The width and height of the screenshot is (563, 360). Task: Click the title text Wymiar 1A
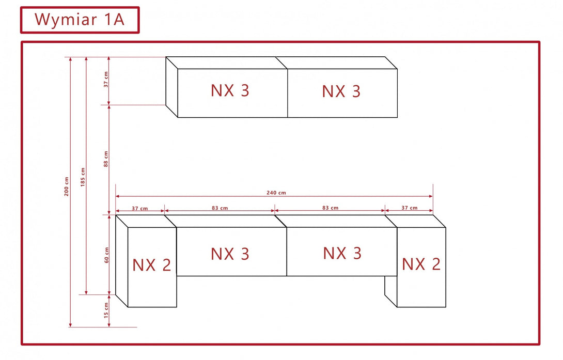point(79,20)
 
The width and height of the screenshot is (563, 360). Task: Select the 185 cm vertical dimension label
point(83,177)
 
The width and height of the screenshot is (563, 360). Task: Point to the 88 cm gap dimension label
point(106,159)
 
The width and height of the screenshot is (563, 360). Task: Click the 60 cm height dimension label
point(106,255)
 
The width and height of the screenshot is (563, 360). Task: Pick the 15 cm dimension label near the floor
point(106,311)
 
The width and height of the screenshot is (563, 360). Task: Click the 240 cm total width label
point(276,193)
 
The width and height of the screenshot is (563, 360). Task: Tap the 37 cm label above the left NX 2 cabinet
point(139,208)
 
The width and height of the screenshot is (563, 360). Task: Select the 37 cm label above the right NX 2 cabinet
point(409,208)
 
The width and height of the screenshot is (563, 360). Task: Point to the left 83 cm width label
point(220,208)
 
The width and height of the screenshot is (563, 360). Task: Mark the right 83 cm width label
point(330,208)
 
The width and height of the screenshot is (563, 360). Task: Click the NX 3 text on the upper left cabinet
point(230,90)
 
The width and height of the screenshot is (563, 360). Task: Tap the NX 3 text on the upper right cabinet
point(341,91)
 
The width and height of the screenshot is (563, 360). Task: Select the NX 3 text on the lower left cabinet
point(230,254)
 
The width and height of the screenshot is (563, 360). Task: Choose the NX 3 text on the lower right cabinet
point(342,253)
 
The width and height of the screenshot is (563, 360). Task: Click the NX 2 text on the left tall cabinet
point(151,265)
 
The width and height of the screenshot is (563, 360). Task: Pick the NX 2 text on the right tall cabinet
point(421,264)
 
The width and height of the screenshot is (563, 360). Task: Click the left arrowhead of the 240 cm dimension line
point(118,196)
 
